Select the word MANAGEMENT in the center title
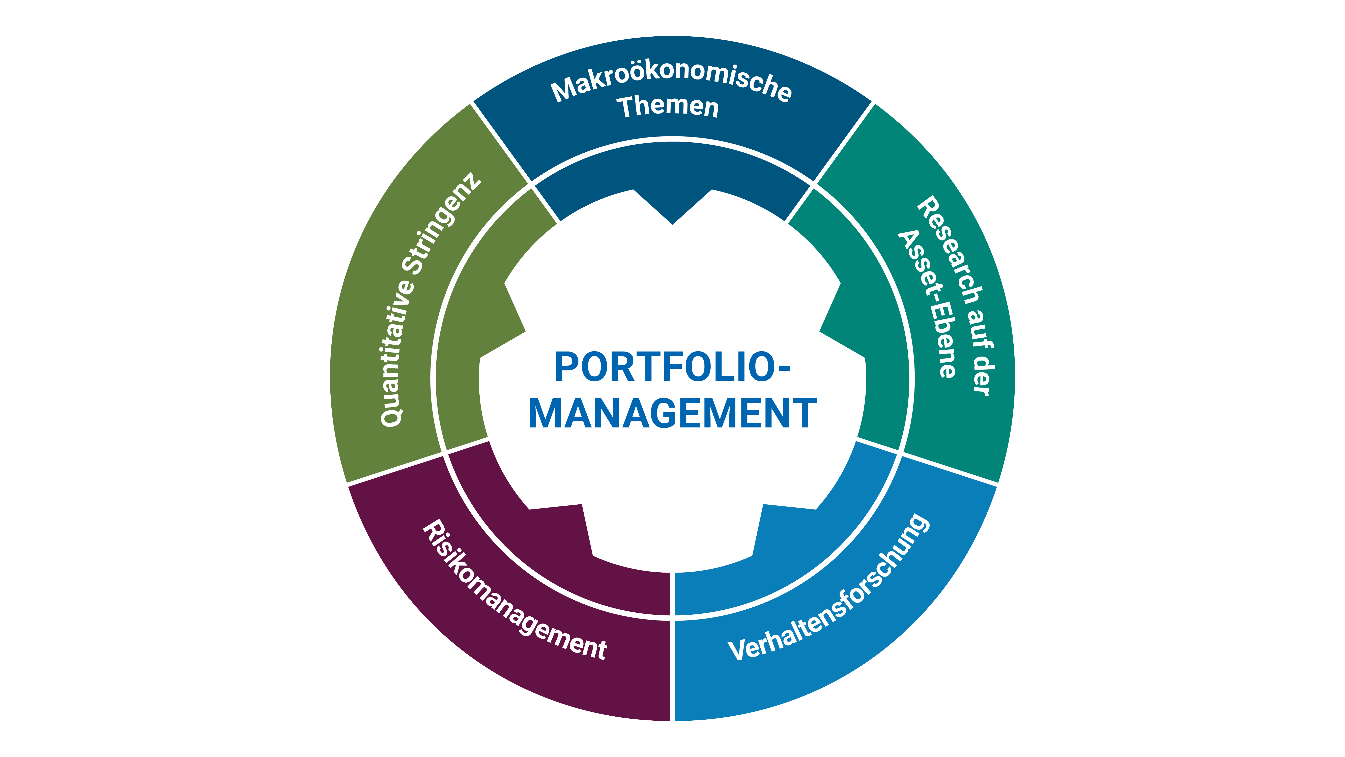tap(672, 414)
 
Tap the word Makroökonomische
tap(671, 84)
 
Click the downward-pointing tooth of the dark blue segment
tap(672, 209)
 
